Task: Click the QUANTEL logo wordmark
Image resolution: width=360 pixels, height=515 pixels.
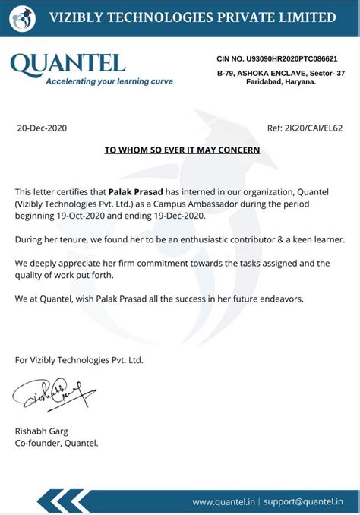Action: [x=68, y=64]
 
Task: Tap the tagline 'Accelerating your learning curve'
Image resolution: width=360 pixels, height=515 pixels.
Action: [x=109, y=81]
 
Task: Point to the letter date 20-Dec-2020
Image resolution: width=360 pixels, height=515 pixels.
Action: [x=42, y=128]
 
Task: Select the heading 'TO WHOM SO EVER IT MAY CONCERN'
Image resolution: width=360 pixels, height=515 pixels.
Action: [x=182, y=150]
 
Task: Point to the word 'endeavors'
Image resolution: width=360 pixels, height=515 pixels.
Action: [x=280, y=299]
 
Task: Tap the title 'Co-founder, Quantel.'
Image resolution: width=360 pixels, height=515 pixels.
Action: [x=56, y=443]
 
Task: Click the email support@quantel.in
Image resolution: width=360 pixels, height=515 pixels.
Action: [x=304, y=501]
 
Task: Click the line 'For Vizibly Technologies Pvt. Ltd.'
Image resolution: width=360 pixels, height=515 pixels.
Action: [x=79, y=359]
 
